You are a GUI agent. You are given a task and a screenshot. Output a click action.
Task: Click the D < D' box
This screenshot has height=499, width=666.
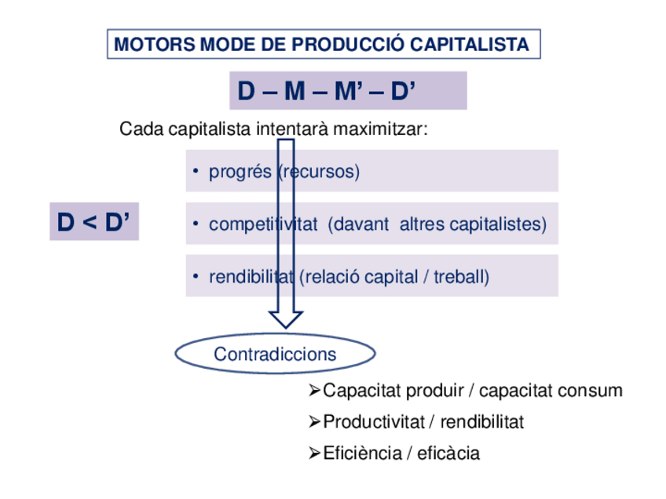93,223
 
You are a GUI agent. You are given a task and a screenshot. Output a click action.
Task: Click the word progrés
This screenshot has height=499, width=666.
240,172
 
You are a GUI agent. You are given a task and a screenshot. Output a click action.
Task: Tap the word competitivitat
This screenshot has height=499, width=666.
263,224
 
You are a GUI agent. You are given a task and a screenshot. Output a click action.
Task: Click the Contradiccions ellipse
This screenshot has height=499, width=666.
275,355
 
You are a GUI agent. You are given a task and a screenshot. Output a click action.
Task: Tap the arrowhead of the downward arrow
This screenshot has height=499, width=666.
286,318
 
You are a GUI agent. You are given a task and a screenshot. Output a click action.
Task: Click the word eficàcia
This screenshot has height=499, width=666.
448,453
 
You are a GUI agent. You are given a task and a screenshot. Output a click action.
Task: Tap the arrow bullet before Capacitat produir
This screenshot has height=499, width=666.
315,391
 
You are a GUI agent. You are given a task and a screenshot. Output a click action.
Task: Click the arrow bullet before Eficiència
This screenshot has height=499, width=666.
315,453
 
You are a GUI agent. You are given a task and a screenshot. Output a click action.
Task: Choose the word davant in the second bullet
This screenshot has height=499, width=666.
358,224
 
